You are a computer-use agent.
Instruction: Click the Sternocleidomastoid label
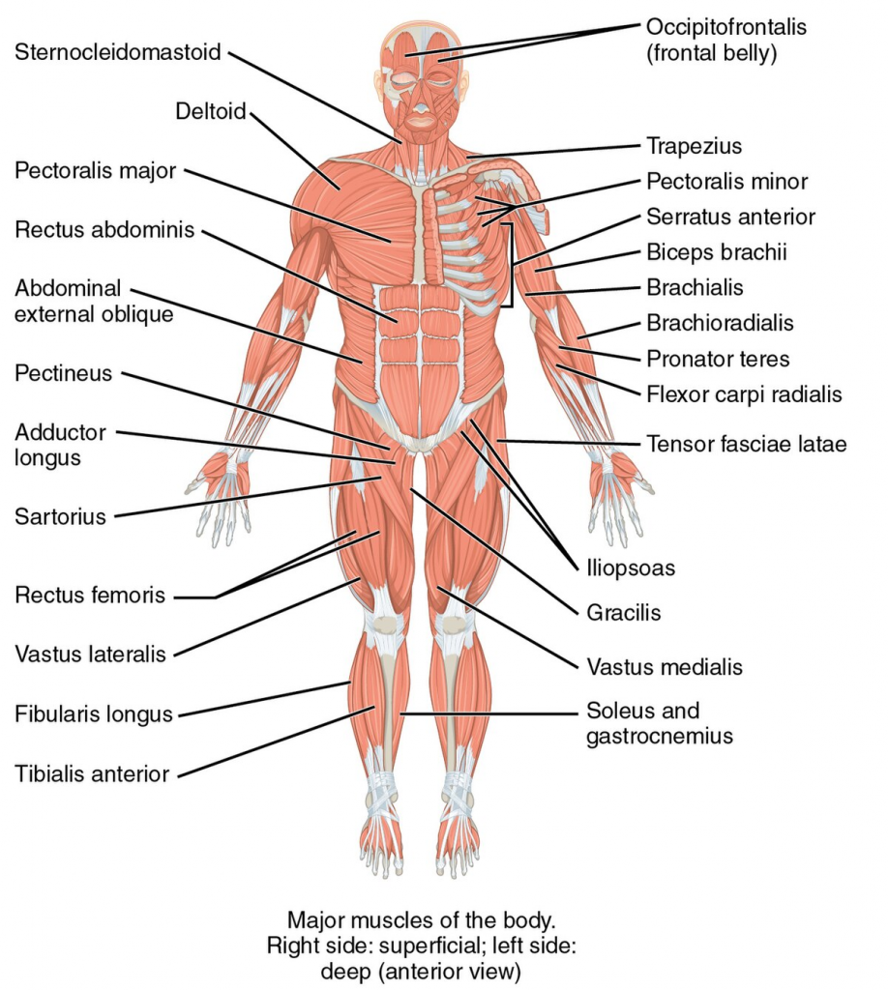117,52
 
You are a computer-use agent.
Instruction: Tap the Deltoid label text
210,111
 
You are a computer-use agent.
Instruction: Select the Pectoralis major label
96,170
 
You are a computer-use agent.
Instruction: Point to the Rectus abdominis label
104,229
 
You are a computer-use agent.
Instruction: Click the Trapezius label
695,147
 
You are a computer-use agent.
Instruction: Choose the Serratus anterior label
730,218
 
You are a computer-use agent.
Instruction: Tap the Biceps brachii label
717,252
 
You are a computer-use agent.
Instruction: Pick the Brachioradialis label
720,323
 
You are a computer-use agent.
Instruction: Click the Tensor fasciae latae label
747,444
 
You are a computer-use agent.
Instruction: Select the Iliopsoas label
631,568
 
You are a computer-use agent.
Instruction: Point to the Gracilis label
623,612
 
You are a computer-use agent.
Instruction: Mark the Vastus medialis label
665,667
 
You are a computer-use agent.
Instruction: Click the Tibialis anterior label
92,774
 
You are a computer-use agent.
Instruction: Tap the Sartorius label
60,516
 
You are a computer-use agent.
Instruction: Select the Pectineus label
63,373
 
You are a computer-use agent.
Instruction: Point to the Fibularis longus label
94,714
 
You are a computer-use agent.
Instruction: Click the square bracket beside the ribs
511,265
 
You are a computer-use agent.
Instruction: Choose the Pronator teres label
718,360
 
